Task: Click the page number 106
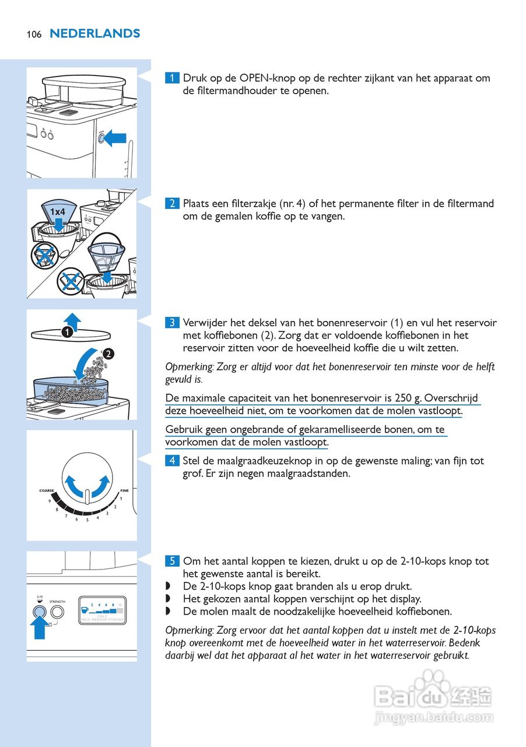click(34, 34)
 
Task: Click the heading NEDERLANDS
click(95, 33)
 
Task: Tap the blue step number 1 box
click(172, 78)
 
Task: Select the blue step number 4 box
click(172, 461)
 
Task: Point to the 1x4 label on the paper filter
click(57, 211)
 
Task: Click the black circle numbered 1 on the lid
click(67, 332)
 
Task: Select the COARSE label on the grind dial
click(47, 491)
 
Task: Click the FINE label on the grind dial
click(124, 491)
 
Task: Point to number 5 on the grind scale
click(87, 519)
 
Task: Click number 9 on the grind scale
click(50, 501)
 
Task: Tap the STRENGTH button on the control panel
click(57, 612)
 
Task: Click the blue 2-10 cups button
click(40, 612)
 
